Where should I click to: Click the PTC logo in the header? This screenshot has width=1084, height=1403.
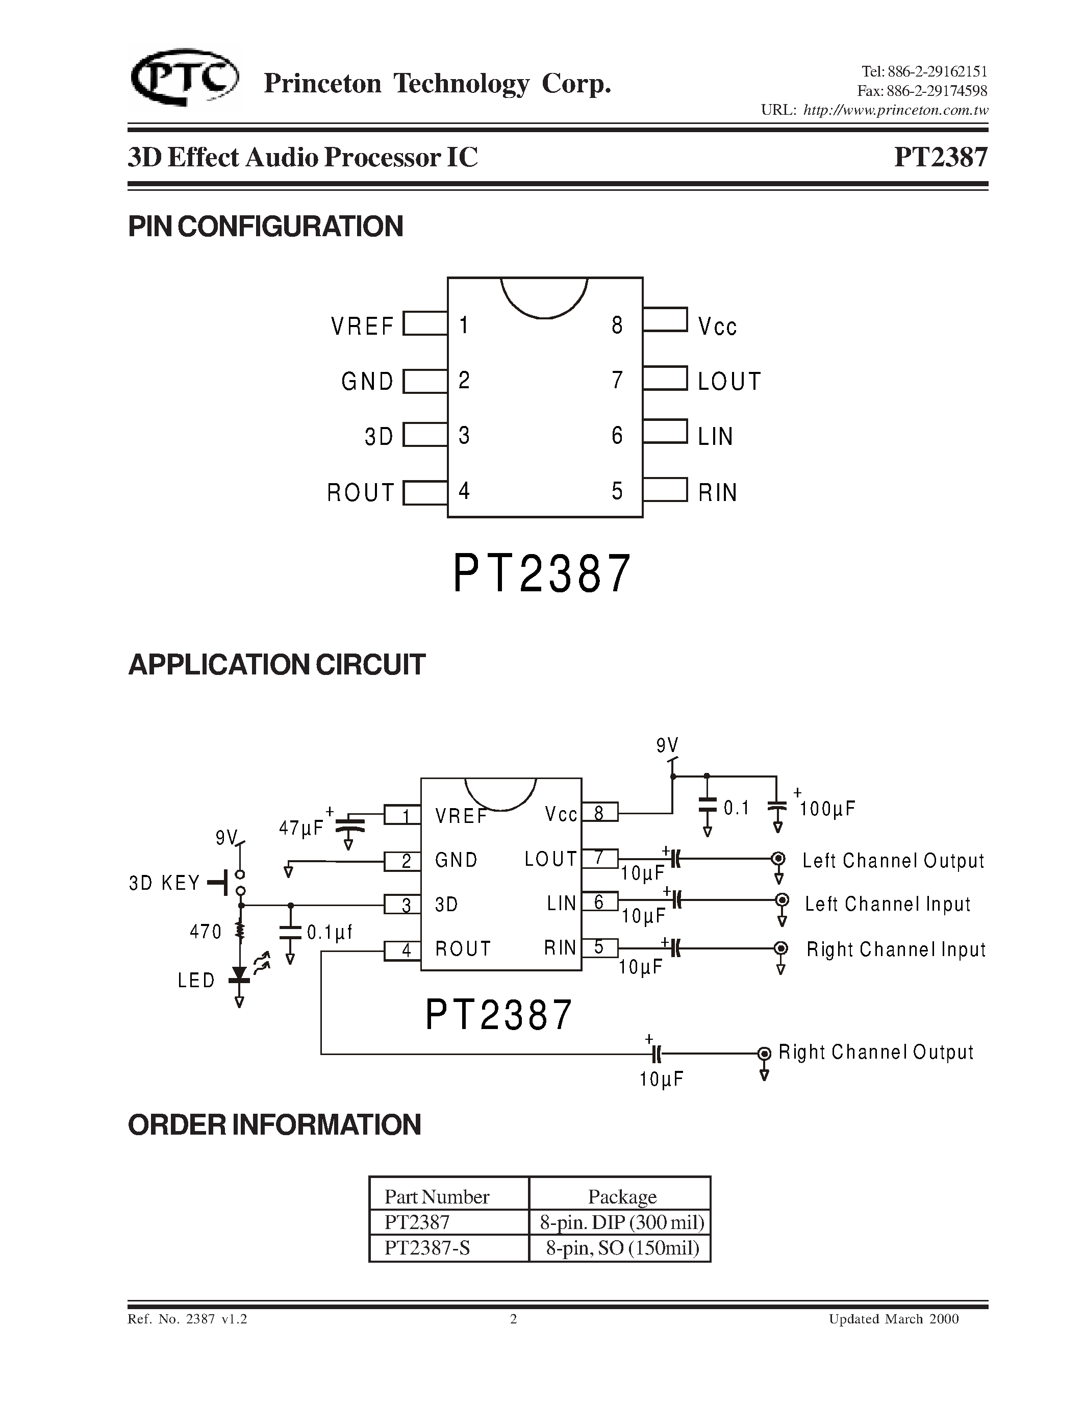184,79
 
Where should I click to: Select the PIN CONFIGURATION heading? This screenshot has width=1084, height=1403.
265,227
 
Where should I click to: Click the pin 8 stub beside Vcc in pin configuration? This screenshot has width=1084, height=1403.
665,319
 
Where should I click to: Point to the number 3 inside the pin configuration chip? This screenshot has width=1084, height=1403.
464,436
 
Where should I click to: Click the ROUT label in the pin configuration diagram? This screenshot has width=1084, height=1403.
360,493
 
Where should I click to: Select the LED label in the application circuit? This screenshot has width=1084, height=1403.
196,980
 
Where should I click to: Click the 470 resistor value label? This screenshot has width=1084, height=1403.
206,932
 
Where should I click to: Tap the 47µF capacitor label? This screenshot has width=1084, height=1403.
301,829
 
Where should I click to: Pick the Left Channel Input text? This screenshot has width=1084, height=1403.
888,905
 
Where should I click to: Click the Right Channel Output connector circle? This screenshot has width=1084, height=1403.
764,1054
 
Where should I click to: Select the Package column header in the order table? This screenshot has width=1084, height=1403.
622,1196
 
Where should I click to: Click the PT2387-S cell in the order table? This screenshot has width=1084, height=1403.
427,1247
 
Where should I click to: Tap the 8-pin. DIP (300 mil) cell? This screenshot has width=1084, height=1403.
622,1222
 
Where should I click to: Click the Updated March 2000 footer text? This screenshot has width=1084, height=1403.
893,1319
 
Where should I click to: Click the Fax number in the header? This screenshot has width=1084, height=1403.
922,91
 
